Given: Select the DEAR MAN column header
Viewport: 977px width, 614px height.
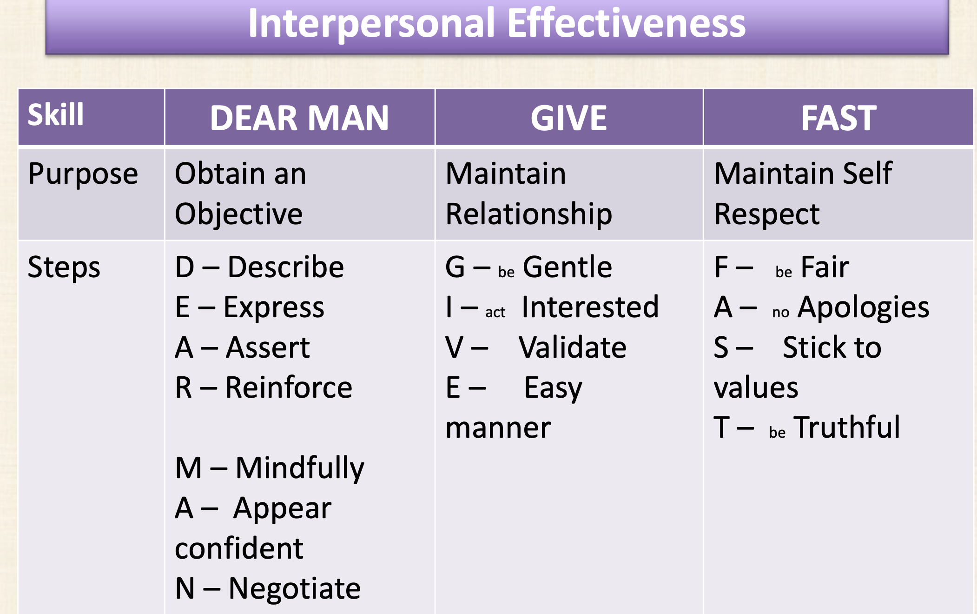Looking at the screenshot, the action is [299, 118].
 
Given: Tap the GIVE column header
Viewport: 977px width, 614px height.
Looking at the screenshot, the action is [569, 118].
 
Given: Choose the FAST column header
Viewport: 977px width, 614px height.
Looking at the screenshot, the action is [838, 118].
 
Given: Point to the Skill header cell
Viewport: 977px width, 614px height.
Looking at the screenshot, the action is [56, 114].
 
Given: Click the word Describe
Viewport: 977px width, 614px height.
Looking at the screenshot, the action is [286, 267].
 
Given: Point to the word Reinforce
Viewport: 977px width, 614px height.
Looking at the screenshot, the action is [289, 387].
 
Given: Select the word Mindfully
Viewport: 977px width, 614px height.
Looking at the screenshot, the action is [300, 469].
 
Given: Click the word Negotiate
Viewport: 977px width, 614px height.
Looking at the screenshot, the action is [295, 589].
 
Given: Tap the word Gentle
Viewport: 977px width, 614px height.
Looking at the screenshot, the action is [568, 267].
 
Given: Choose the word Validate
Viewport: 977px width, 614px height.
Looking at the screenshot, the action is [573, 347].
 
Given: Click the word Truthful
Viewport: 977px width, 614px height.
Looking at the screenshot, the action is [847, 427].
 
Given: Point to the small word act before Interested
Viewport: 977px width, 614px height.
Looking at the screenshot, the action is [495, 312].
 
